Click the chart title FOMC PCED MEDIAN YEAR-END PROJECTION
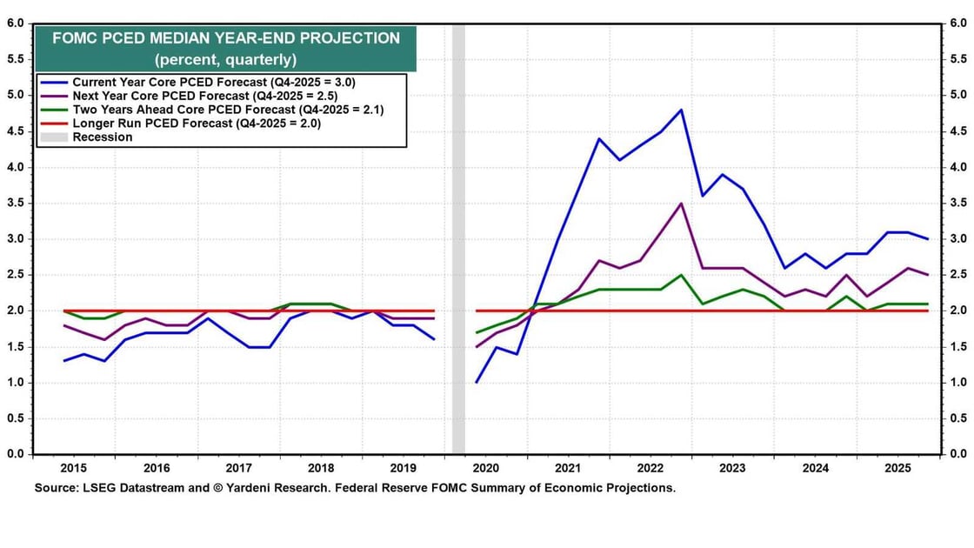pyautogui.click(x=226, y=38)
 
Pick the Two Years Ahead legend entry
pyautogui.click(x=228, y=110)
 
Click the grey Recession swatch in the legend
pyautogui.click(x=54, y=137)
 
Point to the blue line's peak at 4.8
pyautogui.click(x=681, y=110)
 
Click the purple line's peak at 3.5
pyautogui.click(x=681, y=204)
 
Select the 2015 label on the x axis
pyautogui.click(x=73, y=467)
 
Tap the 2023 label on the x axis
pyautogui.click(x=732, y=467)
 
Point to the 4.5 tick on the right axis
pyautogui.click(x=957, y=131)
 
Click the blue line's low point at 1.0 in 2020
pyautogui.click(x=476, y=382)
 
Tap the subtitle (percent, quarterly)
pyautogui.click(x=226, y=60)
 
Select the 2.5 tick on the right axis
pyautogui.click(x=957, y=275)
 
